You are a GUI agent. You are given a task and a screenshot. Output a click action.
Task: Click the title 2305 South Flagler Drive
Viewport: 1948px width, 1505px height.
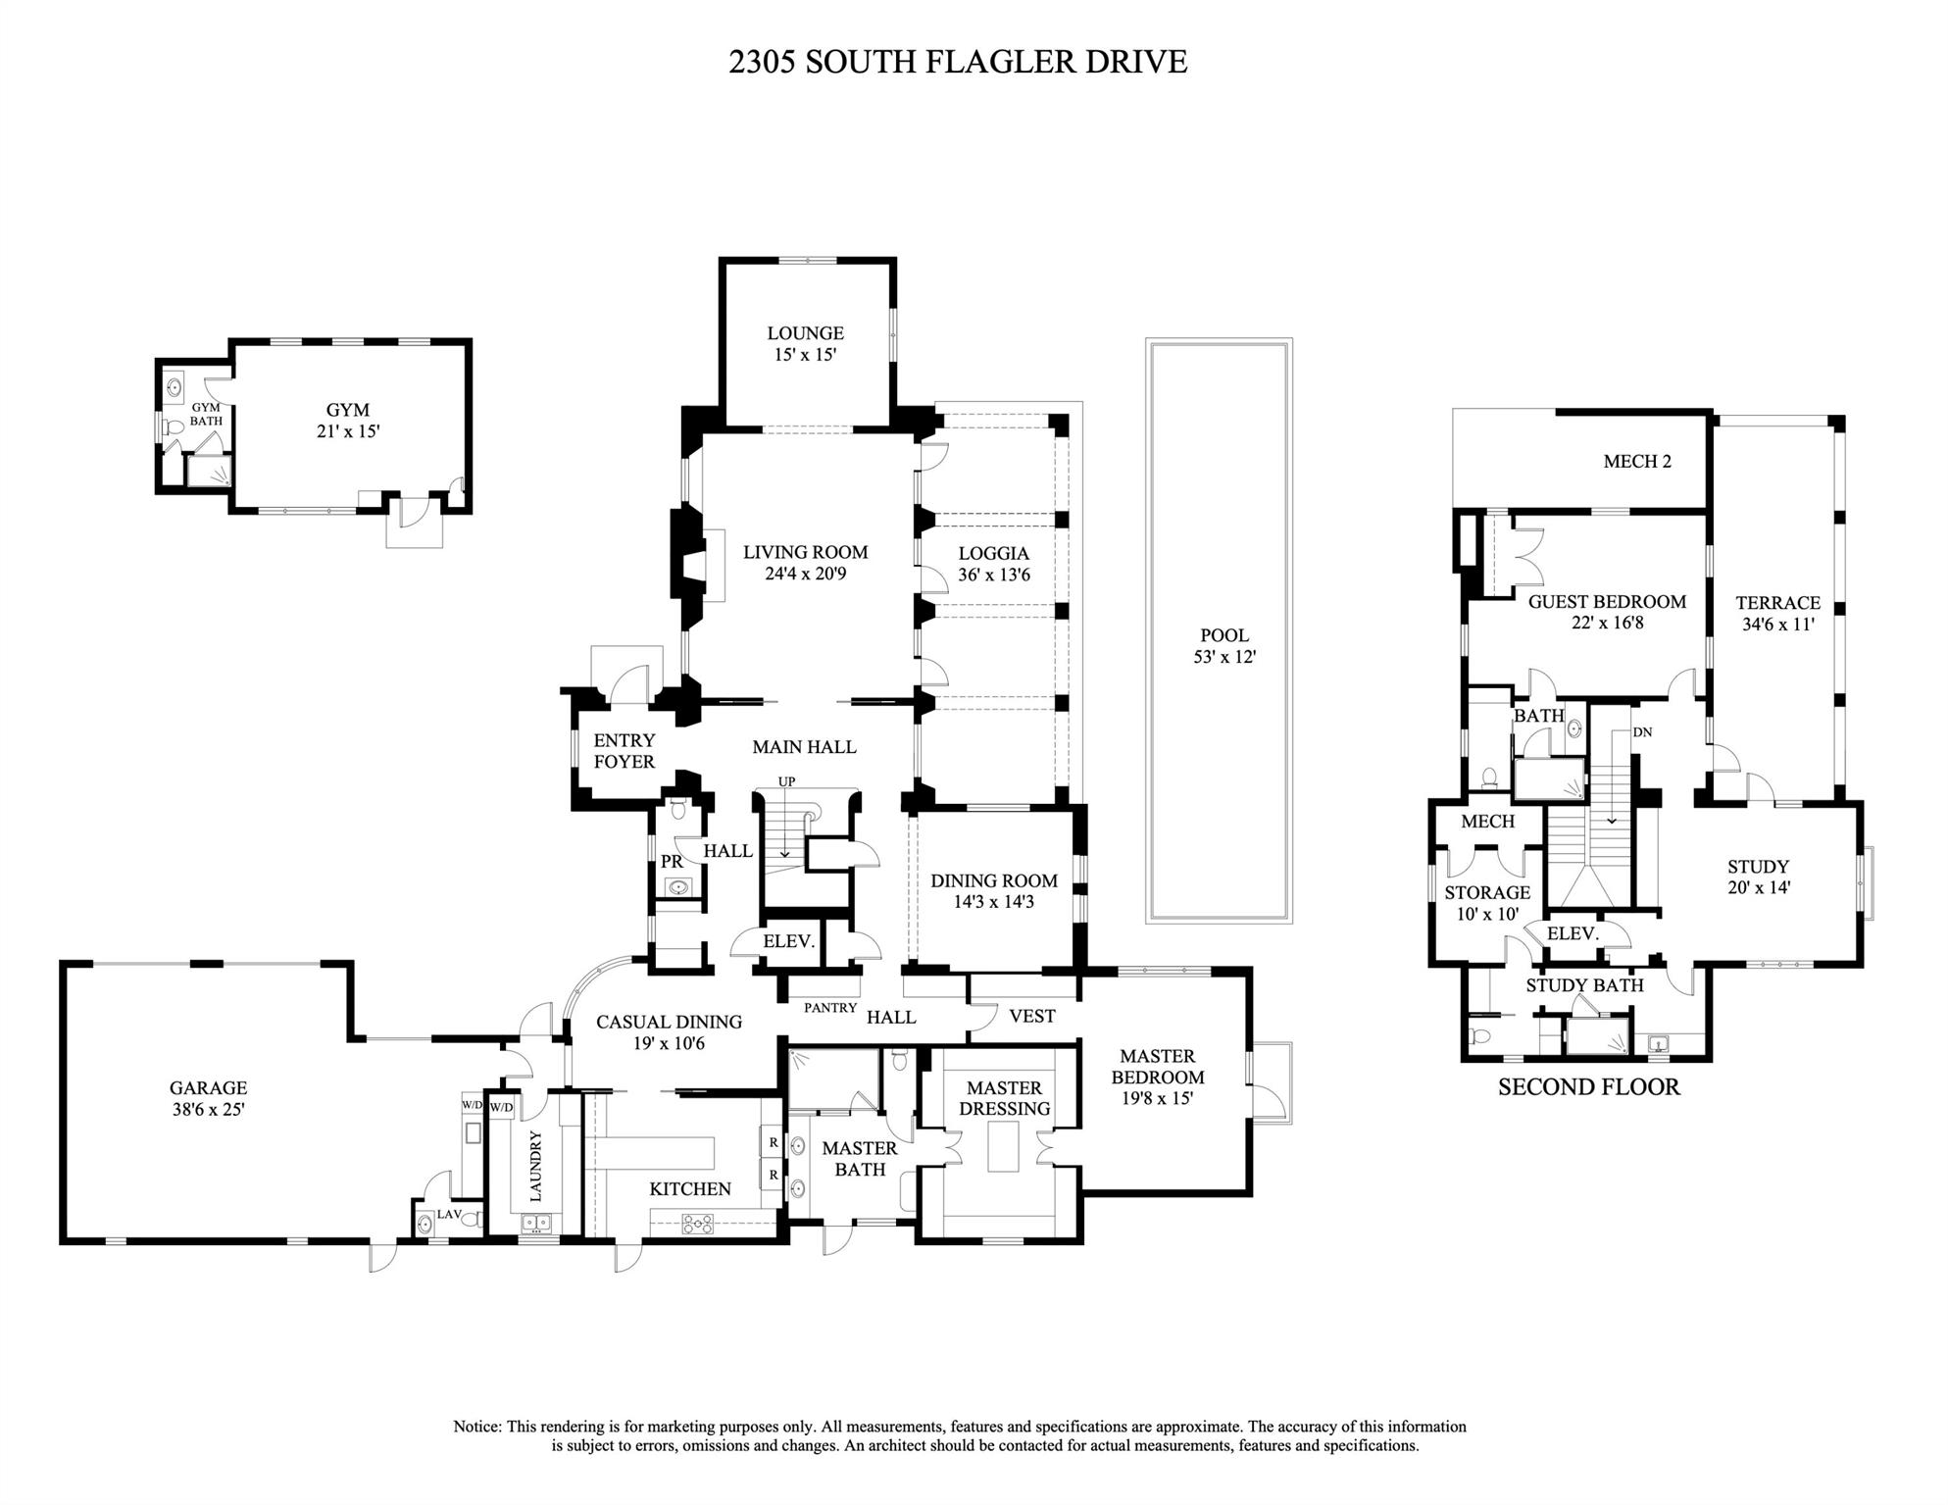click(958, 62)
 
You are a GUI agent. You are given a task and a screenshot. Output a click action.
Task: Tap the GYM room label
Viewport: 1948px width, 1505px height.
click(348, 410)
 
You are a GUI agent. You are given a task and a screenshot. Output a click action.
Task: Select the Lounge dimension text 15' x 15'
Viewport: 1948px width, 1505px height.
click(805, 355)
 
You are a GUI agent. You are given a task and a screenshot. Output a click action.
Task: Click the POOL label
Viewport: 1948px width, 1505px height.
click(1224, 635)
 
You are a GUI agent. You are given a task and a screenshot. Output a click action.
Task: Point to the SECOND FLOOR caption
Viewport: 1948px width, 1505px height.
click(1588, 1086)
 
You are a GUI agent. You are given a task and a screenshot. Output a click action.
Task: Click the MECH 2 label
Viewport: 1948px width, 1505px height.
click(1637, 461)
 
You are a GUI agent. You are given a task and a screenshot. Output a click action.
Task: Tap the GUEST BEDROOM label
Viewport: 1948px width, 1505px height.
click(1607, 602)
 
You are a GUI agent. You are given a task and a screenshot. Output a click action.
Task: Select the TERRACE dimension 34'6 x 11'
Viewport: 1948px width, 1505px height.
click(1777, 624)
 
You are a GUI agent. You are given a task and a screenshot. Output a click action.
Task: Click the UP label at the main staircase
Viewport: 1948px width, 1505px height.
click(786, 781)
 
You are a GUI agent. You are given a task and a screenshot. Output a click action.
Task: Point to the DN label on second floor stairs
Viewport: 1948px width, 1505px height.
click(1643, 732)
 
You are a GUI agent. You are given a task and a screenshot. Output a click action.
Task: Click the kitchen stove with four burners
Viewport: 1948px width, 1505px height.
click(698, 1223)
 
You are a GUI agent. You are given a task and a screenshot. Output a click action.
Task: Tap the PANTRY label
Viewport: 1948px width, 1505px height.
click(830, 1007)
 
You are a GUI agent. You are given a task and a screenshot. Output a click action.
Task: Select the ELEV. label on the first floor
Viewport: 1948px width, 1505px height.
click(789, 941)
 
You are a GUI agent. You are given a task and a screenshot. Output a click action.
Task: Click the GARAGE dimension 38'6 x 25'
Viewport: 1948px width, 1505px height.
click(208, 1109)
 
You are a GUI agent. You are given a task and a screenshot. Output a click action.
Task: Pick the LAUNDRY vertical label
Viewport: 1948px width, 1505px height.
click(536, 1166)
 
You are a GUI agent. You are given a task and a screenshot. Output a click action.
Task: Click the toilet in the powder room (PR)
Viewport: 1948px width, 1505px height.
click(677, 811)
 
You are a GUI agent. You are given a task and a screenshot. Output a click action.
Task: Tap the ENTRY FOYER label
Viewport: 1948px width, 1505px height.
click(624, 751)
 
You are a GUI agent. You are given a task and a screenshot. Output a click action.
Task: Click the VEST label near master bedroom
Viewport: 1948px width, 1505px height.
click(1031, 1017)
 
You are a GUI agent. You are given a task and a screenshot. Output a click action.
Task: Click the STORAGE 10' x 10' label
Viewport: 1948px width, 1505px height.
click(1486, 903)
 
